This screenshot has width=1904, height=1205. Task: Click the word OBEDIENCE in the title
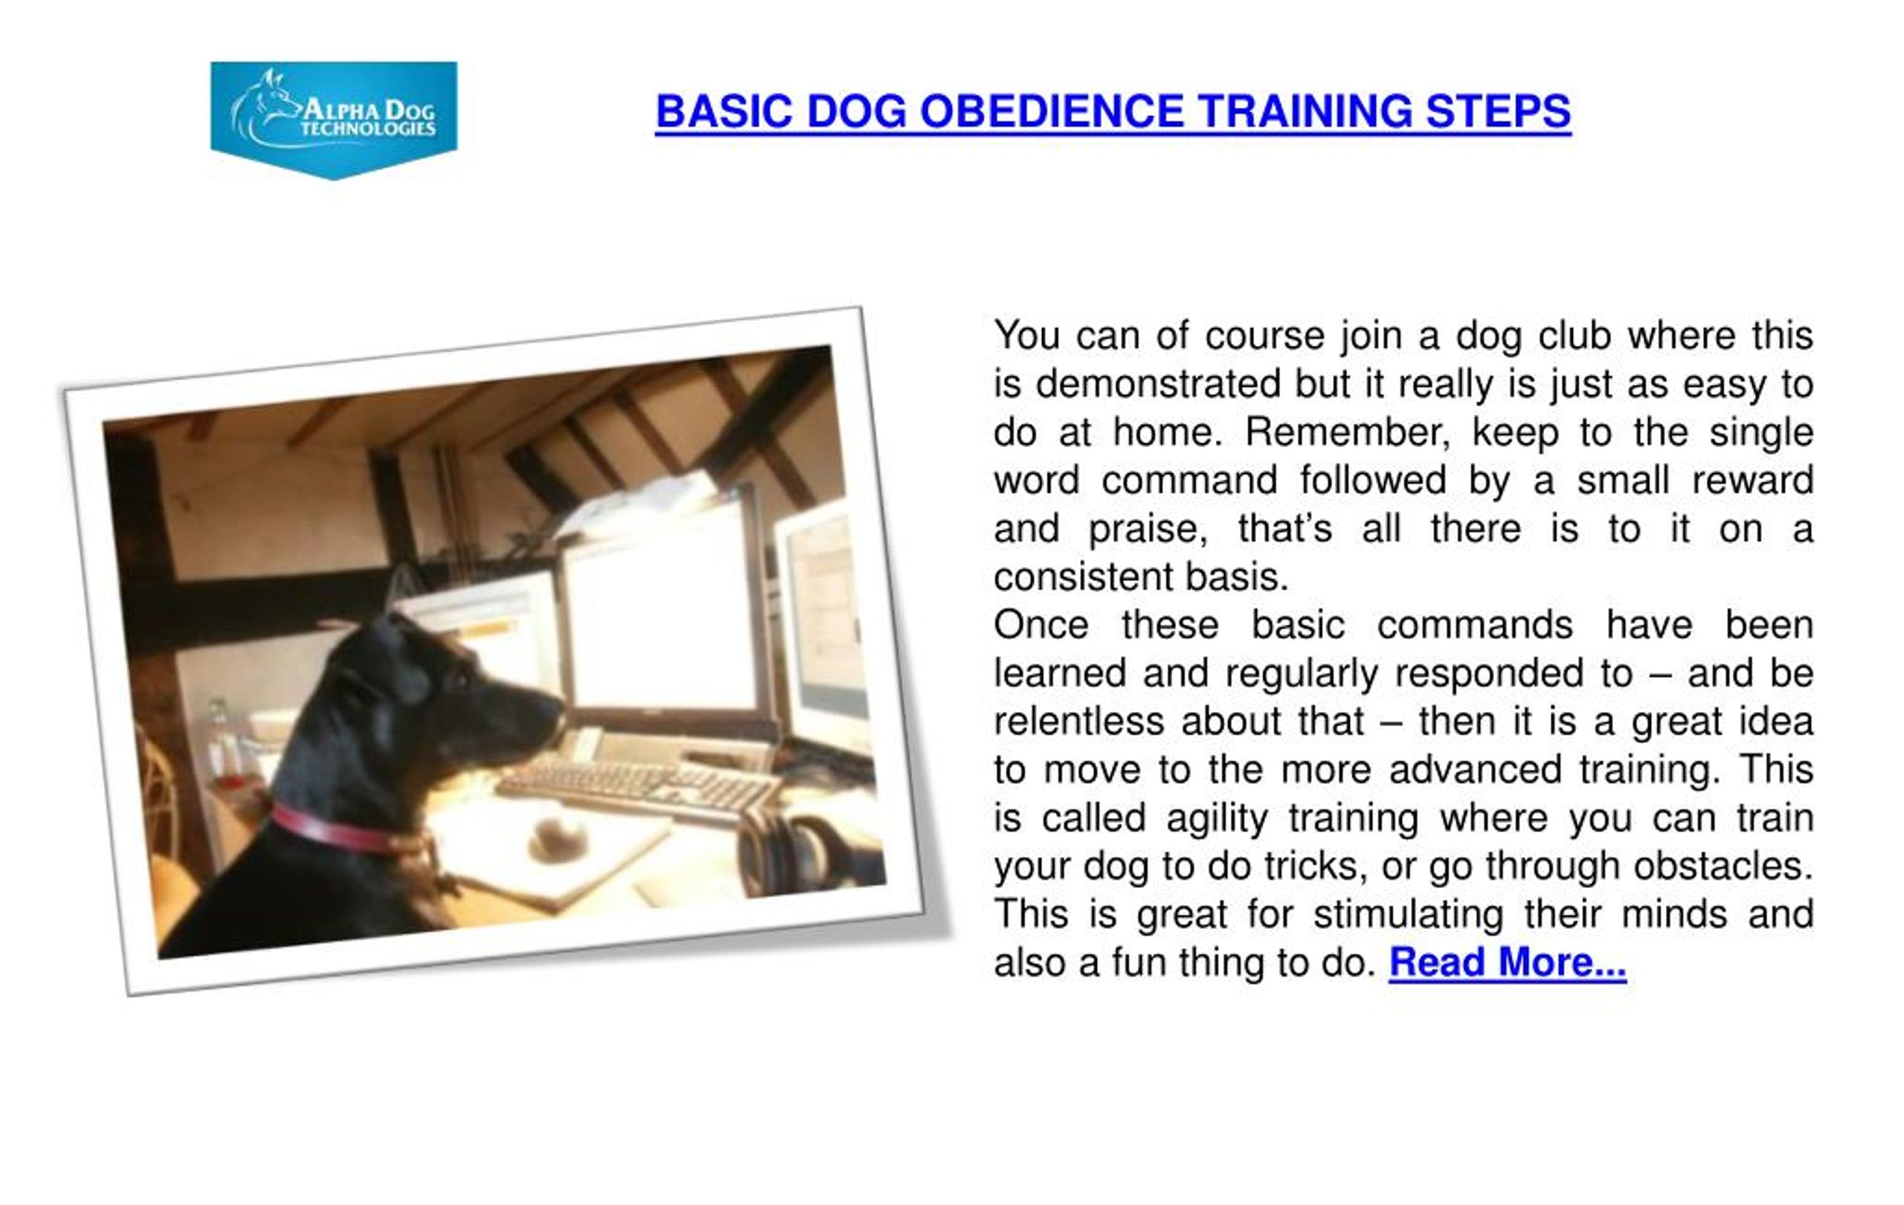(1051, 111)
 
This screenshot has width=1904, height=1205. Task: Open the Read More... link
(1507, 963)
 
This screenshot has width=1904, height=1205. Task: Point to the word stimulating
(1408, 915)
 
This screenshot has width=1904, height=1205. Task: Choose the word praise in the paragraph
(1148, 529)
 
